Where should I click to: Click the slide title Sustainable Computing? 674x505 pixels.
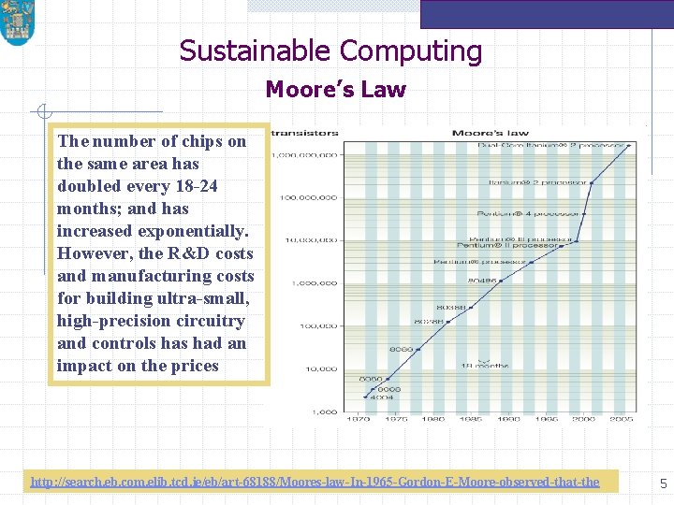click(330, 50)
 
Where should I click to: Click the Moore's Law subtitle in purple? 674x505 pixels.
click(335, 90)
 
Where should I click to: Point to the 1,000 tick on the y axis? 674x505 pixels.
click(324, 411)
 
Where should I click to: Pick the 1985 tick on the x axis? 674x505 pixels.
click(470, 419)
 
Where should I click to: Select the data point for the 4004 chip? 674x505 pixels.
click(365, 397)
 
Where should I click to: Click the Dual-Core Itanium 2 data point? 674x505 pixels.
click(629, 145)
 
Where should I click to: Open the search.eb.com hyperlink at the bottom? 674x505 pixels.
click(315, 482)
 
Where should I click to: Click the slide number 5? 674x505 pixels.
click(663, 483)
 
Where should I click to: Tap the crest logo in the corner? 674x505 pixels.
click(16, 22)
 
